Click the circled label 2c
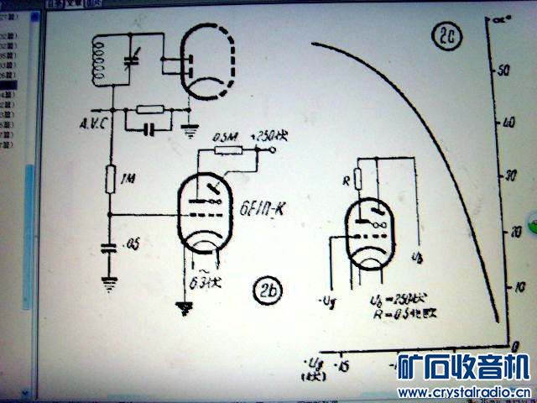tap(444, 35)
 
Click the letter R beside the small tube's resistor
tap(346, 180)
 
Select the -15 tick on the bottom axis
tap(343, 367)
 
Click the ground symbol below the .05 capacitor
tap(108, 280)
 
